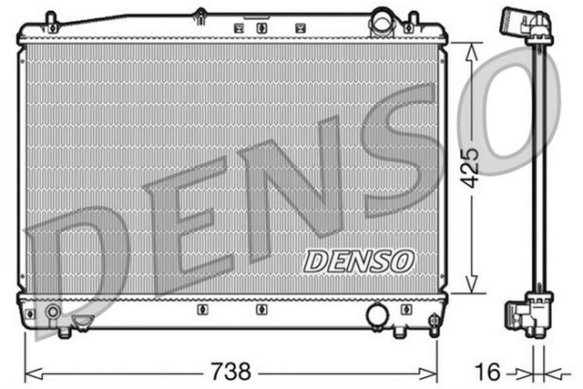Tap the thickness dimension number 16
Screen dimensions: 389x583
pos(487,372)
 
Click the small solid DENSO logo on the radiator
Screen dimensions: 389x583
pos(359,261)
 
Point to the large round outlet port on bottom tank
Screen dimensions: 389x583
pos(375,316)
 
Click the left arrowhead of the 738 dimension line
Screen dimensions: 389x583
pos(31,372)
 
